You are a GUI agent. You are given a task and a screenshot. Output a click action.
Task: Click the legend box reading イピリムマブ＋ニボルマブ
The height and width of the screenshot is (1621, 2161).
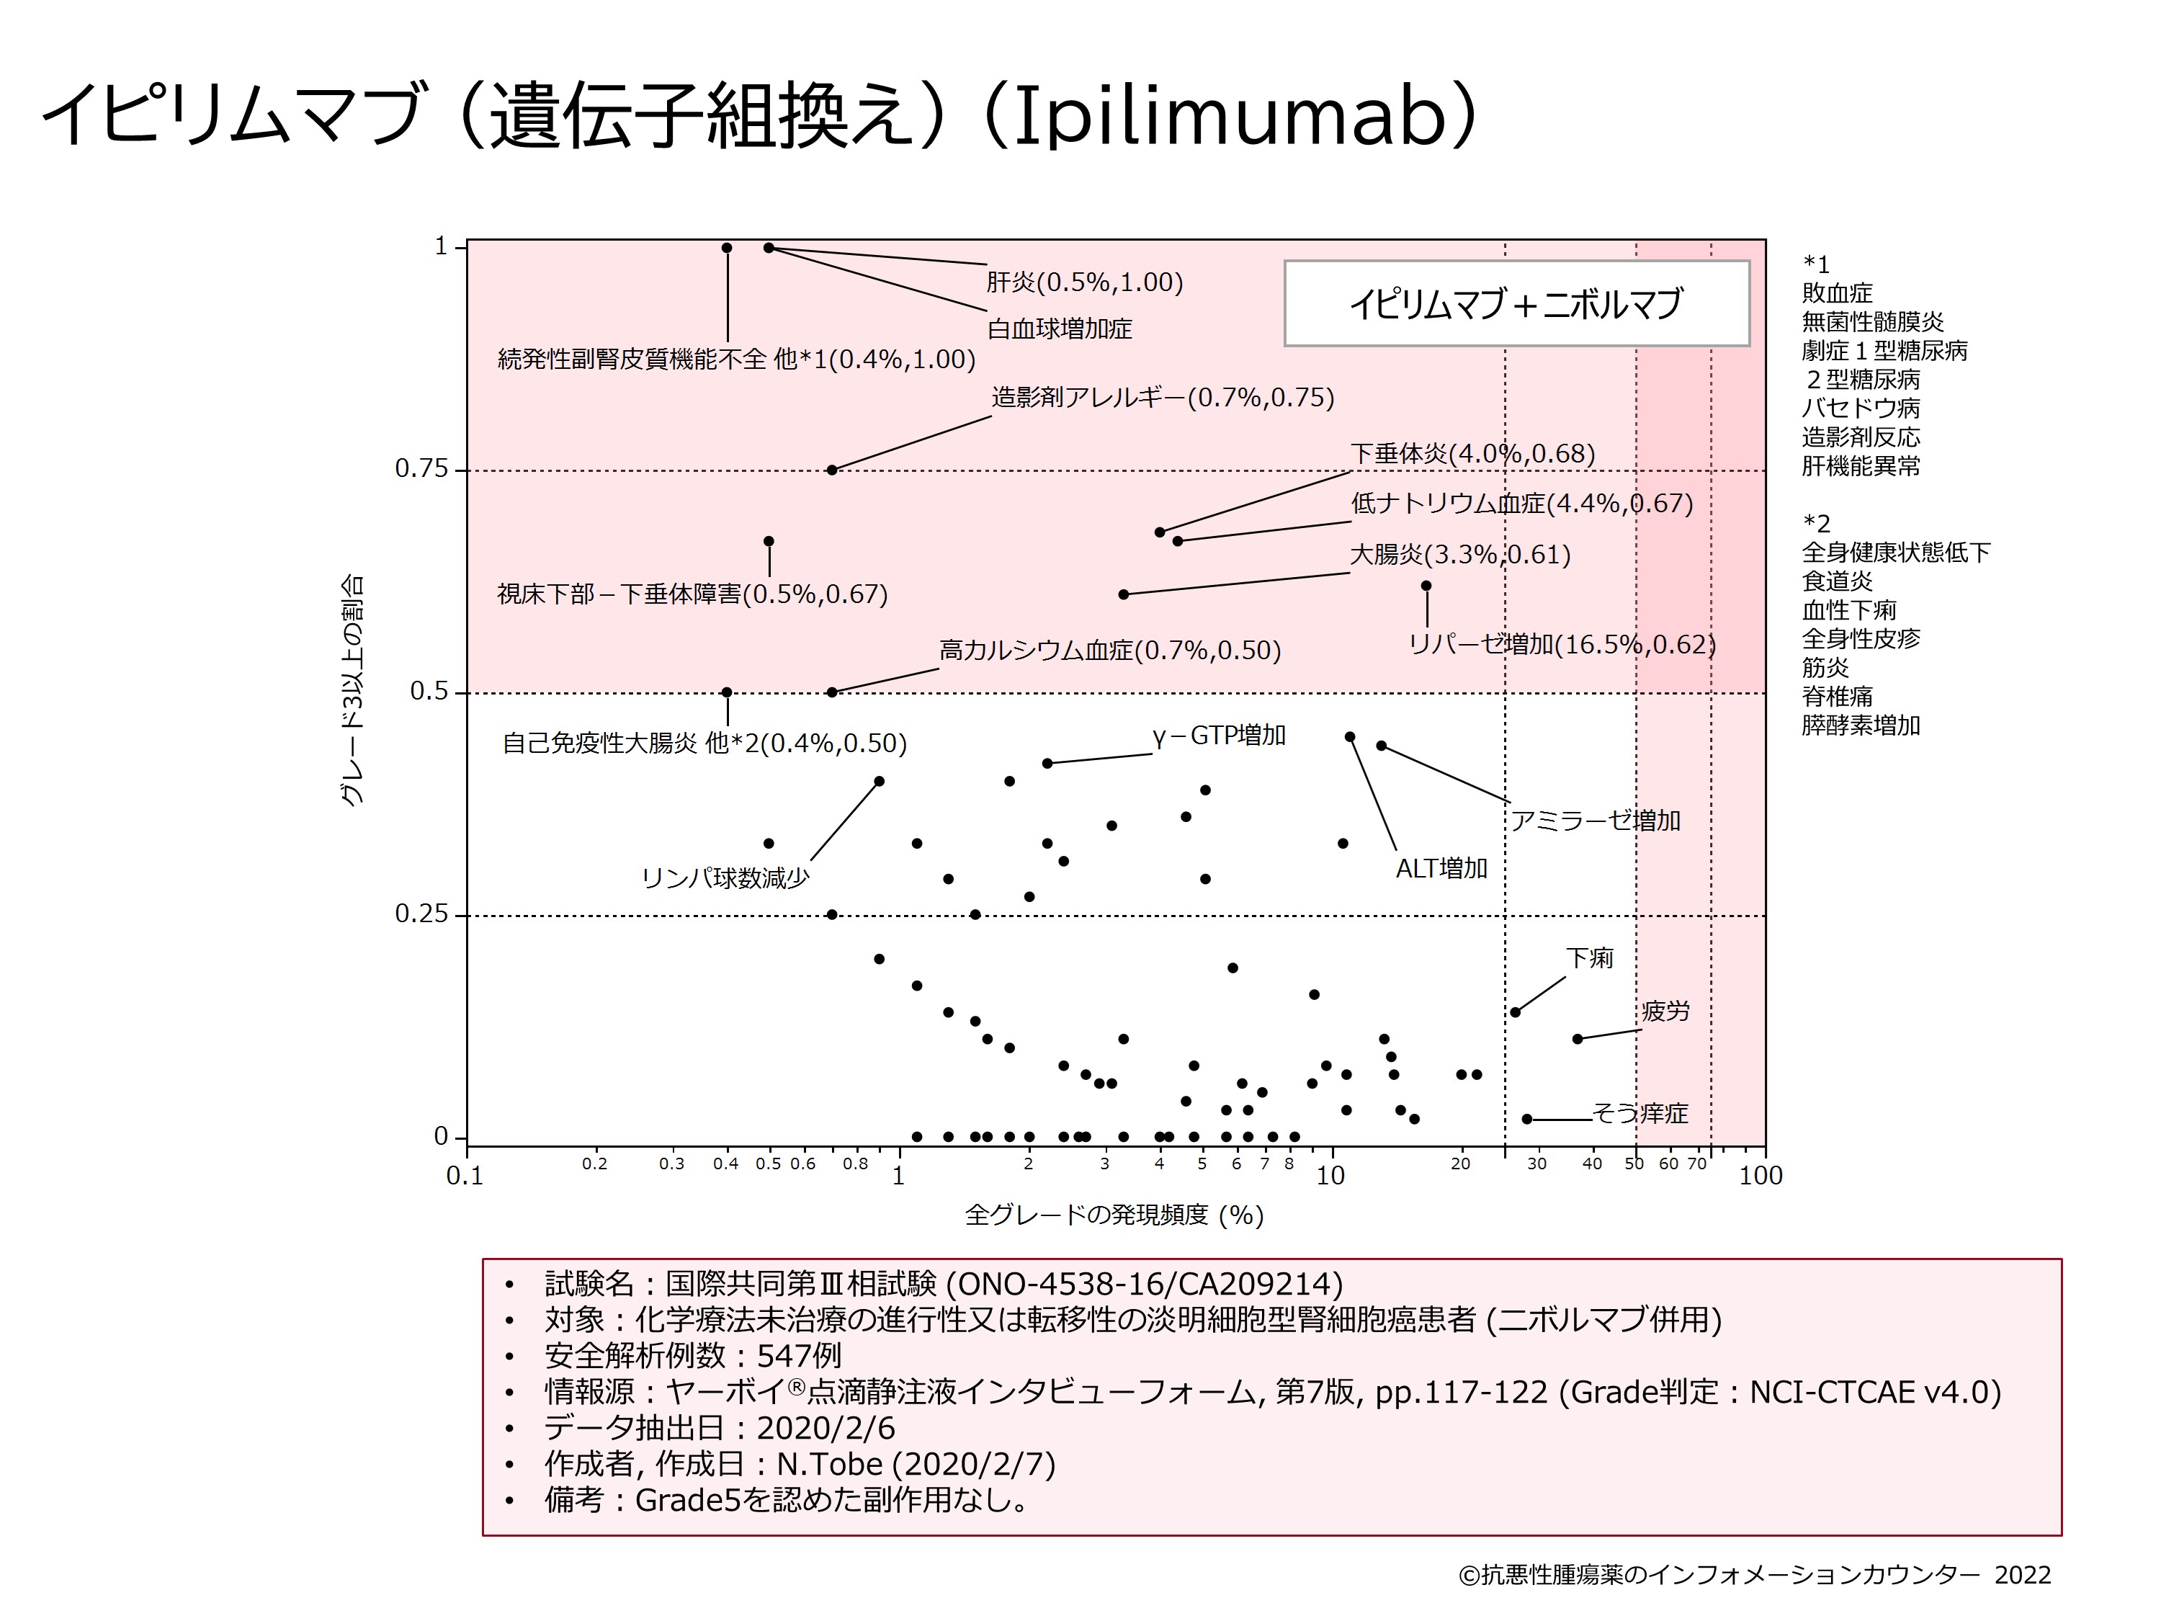click(1516, 304)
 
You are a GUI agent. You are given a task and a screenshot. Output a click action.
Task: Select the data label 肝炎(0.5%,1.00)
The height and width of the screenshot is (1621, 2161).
click(1084, 282)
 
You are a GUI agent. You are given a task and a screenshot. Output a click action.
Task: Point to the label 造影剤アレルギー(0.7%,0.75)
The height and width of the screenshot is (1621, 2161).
click(1163, 398)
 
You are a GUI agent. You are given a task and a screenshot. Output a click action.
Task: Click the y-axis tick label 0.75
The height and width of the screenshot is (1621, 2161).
click(421, 469)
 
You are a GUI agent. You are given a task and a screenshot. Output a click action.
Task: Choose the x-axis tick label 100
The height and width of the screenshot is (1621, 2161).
click(1760, 1176)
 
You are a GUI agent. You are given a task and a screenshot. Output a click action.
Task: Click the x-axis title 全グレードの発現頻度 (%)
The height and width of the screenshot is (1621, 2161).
click(1114, 1215)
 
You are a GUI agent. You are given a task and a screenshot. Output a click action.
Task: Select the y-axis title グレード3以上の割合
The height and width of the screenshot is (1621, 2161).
click(352, 690)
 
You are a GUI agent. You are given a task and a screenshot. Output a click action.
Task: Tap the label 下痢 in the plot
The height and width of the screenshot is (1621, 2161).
click(1590, 957)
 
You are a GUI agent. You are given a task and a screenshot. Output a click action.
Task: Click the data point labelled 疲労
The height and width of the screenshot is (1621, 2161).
click(1577, 1039)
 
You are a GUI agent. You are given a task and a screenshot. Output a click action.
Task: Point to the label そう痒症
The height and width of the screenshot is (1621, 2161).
click(1640, 1113)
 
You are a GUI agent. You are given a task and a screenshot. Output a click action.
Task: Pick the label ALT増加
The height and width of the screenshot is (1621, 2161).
click(1441, 867)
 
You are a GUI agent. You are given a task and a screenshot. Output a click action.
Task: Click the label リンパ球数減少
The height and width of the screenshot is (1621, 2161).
click(725, 878)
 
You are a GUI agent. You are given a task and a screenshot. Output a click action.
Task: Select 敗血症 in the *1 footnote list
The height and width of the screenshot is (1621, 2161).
click(1838, 293)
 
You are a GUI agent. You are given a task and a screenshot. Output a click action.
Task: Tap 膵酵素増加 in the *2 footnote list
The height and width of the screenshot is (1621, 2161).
click(1861, 725)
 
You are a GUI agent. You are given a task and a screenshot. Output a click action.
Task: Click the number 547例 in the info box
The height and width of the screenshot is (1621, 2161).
click(798, 1356)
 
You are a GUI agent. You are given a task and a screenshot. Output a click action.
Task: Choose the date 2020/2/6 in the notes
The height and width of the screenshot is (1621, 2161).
click(826, 1429)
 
